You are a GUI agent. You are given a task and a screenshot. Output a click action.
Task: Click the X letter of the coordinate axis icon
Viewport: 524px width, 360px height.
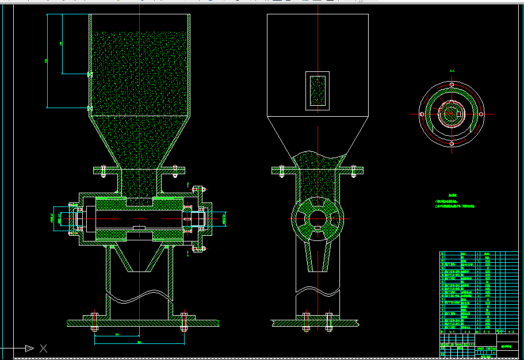pyautogui.click(x=43, y=348)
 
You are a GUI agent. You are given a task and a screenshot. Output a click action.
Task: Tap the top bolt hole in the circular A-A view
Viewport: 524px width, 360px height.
pyautogui.click(x=452, y=85)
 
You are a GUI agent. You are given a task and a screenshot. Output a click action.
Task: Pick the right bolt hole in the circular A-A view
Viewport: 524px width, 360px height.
pyautogui.click(x=481, y=114)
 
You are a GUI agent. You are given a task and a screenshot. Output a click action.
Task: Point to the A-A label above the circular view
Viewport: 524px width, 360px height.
pyautogui.click(x=452, y=71)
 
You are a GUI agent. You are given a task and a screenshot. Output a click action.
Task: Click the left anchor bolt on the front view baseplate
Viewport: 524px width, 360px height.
pyautogui.click(x=94, y=321)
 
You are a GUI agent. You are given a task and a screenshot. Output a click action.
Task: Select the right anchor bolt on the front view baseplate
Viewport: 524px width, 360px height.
pyautogui.click(x=184, y=321)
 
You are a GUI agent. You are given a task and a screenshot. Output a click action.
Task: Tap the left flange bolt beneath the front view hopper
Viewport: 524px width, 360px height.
pyautogui.click(x=103, y=171)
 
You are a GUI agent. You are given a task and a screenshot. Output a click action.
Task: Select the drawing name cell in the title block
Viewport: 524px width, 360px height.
pyautogui.click(x=506, y=348)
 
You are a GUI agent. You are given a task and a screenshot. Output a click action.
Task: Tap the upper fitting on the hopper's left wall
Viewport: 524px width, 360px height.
pyautogui.click(x=89, y=74)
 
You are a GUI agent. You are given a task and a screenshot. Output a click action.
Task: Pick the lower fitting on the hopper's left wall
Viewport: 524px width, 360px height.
pyautogui.click(x=89, y=108)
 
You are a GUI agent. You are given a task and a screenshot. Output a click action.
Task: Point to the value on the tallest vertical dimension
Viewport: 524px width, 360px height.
pyautogui.click(x=47, y=61)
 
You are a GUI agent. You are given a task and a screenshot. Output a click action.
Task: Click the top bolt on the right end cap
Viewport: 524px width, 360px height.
pyautogui.click(x=198, y=189)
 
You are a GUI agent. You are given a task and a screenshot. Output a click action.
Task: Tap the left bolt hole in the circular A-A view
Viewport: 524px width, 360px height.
pyautogui.click(x=422, y=114)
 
